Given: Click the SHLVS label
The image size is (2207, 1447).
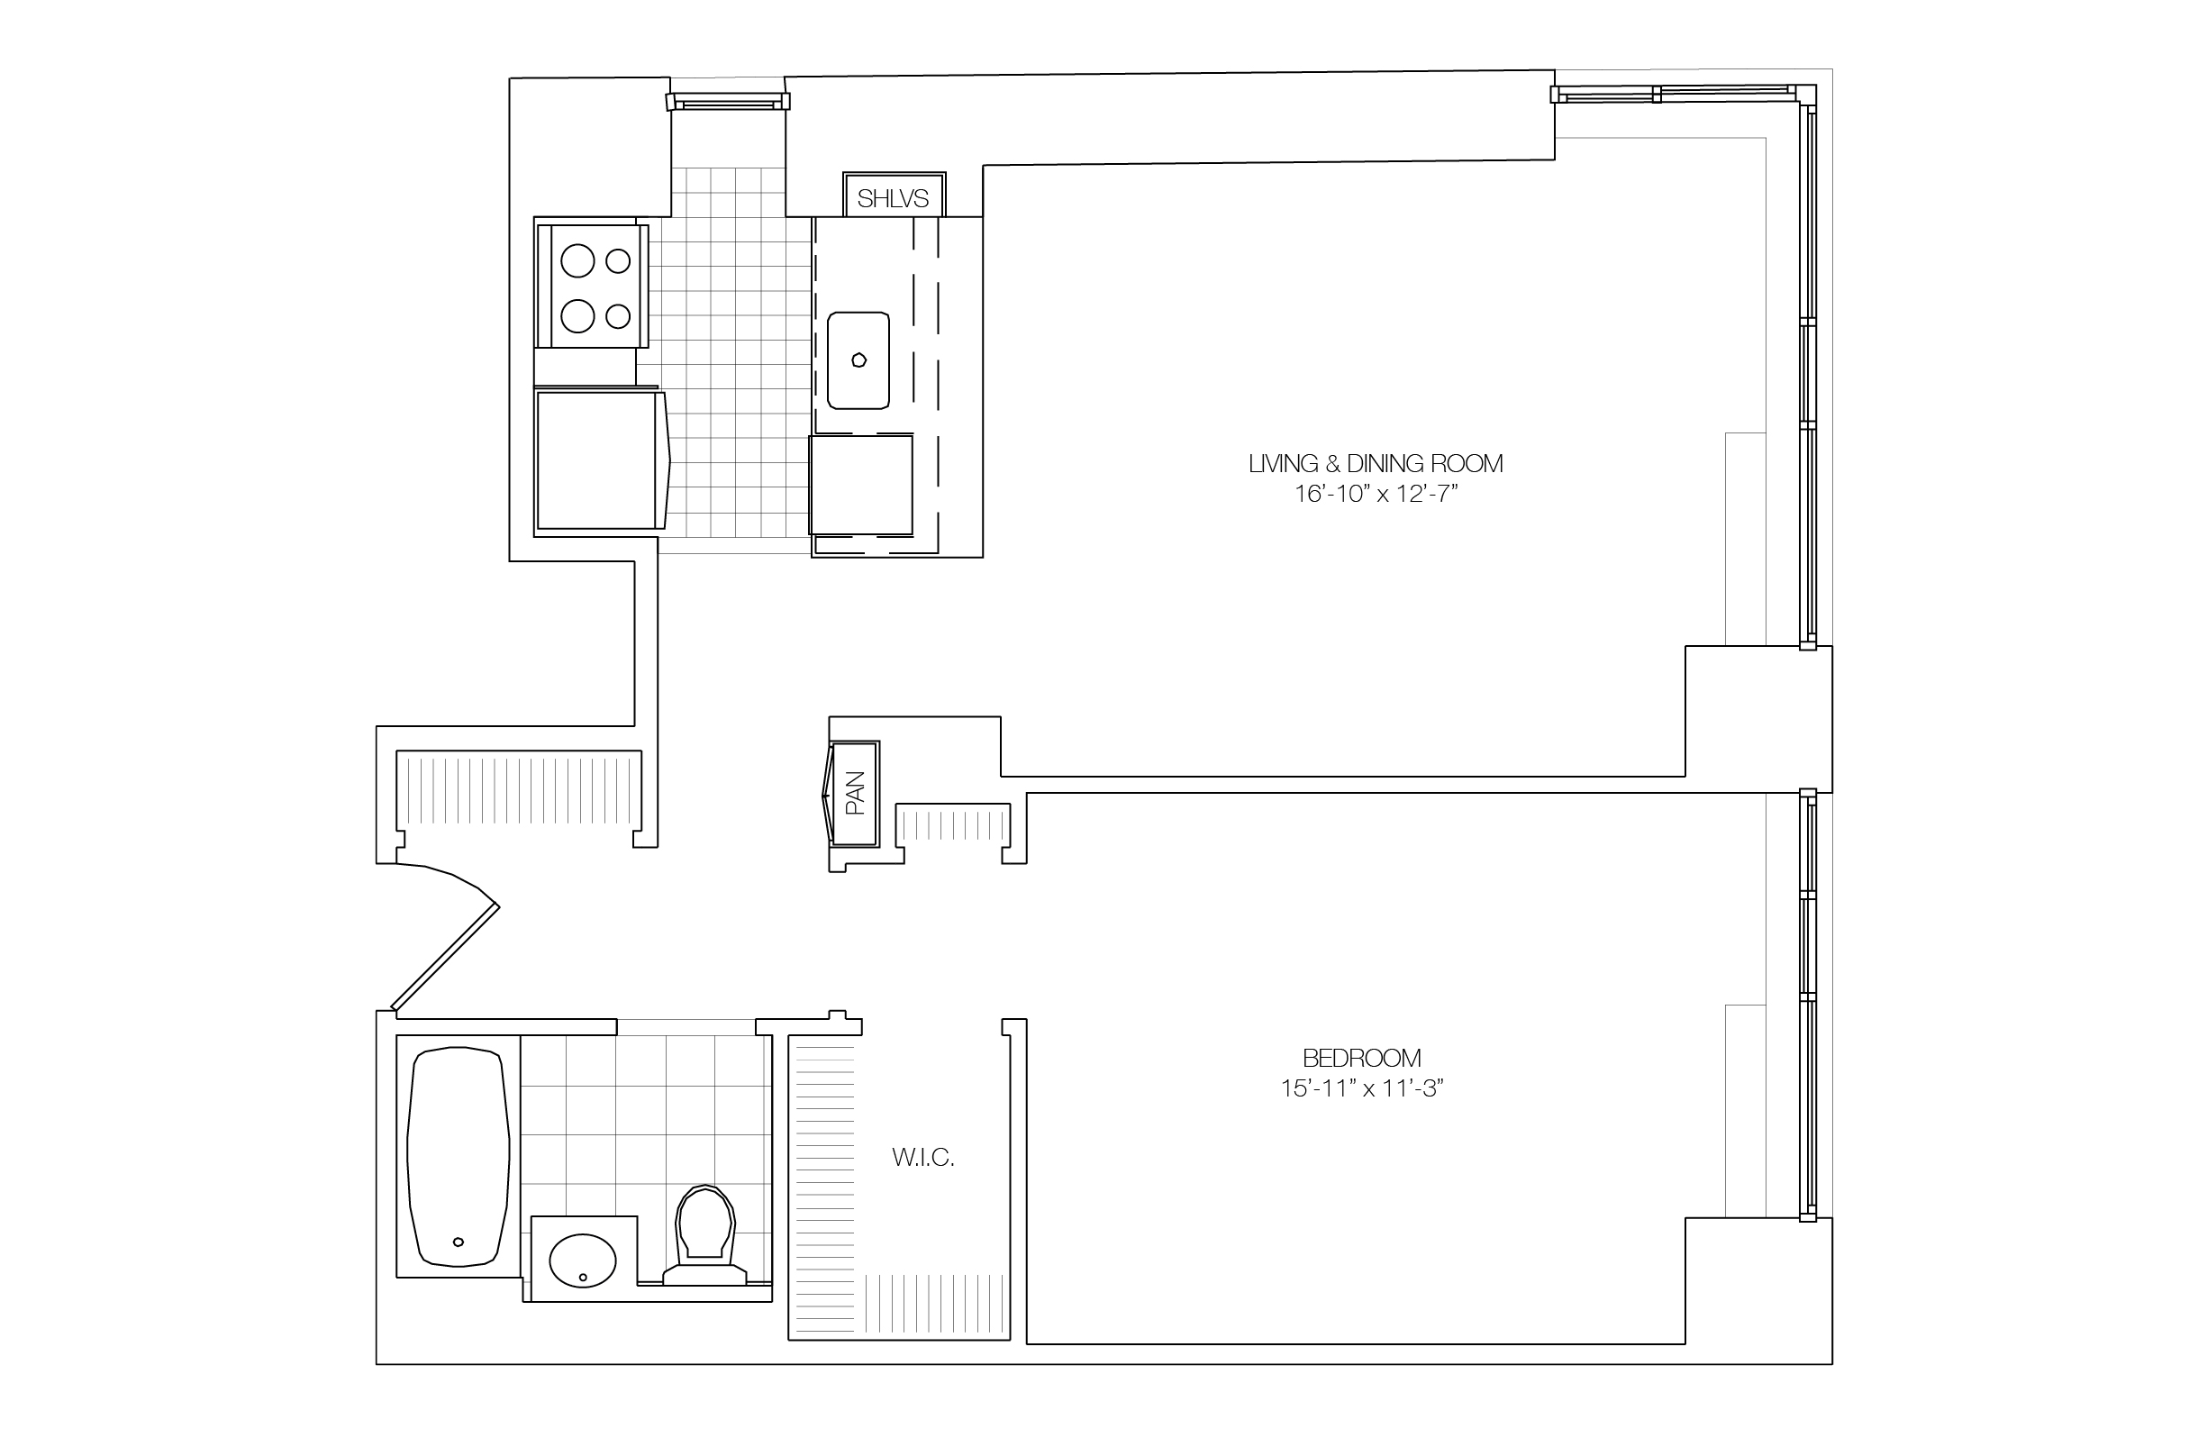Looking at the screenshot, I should pyautogui.click(x=892, y=197).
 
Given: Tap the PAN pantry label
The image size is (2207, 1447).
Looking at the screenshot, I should pyautogui.click(x=856, y=793).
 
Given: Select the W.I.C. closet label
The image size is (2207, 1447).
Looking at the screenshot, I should pyautogui.click(x=922, y=1157).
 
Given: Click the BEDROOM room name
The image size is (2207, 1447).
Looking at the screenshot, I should pyautogui.click(x=1361, y=1058).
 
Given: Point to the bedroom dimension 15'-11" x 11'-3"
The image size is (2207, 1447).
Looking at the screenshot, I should pyautogui.click(x=1361, y=1088).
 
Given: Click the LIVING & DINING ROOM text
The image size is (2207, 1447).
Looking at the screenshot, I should pyautogui.click(x=1376, y=463).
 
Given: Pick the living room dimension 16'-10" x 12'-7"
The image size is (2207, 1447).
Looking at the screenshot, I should pyautogui.click(x=1376, y=494).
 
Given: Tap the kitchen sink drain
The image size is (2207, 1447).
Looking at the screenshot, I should pyautogui.click(x=858, y=359).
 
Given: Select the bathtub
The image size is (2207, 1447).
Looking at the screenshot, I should pyautogui.click(x=459, y=1156).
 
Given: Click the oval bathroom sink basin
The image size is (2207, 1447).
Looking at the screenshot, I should pyautogui.click(x=582, y=1260).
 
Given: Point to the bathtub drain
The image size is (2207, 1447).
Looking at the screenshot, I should pyautogui.click(x=459, y=1242).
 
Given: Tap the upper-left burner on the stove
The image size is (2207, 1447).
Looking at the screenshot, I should pyautogui.click(x=578, y=260).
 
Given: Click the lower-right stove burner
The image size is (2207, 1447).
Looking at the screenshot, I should pyautogui.click(x=618, y=316).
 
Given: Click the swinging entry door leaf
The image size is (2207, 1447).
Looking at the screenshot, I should pyautogui.click(x=445, y=956).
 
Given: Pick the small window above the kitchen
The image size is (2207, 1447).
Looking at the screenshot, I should pyautogui.click(x=728, y=100).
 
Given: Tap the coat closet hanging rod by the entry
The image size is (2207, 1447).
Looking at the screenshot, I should pyautogui.click(x=518, y=789).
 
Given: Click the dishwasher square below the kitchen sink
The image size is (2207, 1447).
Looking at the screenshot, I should pyautogui.click(x=860, y=484).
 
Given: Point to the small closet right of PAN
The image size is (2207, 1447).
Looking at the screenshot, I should pyautogui.click(x=953, y=824).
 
